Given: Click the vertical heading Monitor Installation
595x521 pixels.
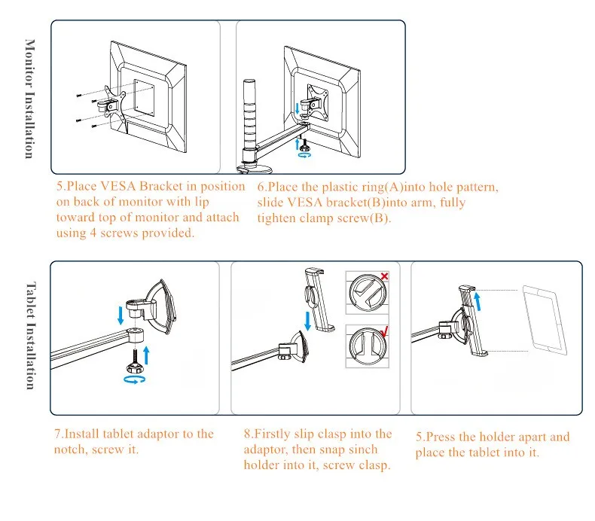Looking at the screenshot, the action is tap(29, 99).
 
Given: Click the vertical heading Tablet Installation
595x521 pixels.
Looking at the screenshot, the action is tap(29, 336).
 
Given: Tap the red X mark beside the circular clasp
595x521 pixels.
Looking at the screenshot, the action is tap(384, 277).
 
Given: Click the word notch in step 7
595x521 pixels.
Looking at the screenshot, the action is tap(72, 449).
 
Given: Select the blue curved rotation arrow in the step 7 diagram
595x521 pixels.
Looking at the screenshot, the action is tap(135, 381).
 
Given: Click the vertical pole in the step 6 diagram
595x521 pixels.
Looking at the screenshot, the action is tap(248, 112).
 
